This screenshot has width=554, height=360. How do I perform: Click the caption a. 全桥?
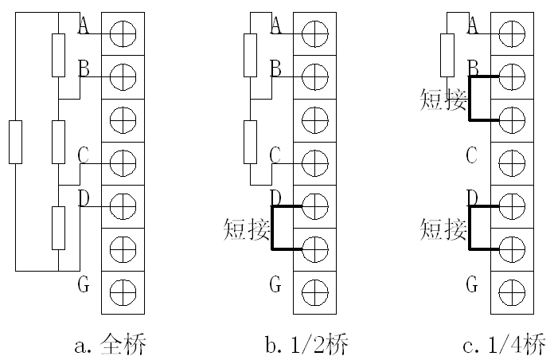[x=111, y=345]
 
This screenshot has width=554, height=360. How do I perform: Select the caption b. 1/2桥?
[x=306, y=345]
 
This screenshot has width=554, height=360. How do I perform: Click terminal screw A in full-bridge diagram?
[x=123, y=33]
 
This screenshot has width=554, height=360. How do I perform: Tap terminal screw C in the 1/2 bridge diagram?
[x=315, y=162]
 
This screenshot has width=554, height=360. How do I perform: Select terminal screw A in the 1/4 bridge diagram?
[x=512, y=33]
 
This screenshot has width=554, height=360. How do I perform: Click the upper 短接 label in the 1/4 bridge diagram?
[x=443, y=100]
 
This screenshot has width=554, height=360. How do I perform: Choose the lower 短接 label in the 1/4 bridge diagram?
[x=443, y=230]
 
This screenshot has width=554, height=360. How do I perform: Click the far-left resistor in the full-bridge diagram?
[x=15, y=142]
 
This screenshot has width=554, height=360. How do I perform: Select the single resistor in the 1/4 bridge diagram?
[x=447, y=55]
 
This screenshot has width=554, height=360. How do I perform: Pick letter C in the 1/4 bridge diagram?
[x=471, y=155]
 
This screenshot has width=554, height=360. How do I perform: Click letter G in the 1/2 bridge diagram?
[x=275, y=283]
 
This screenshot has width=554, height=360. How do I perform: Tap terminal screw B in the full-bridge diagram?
[x=123, y=76]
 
